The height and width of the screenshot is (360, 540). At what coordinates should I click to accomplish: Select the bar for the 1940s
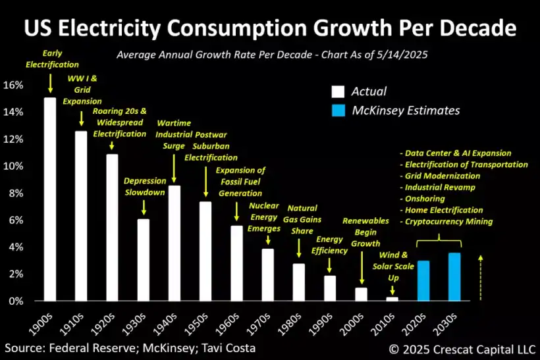coord(175,244)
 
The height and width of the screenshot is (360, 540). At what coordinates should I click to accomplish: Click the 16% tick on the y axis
coord(14,85)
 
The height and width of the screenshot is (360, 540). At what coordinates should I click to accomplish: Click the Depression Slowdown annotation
coord(144,187)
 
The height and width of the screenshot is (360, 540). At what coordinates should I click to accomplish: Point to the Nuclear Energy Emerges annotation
coord(265,218)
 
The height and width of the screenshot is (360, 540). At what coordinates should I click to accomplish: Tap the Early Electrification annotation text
coord(51,59)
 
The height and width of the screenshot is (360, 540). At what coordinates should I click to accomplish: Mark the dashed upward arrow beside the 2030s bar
coord(482,276)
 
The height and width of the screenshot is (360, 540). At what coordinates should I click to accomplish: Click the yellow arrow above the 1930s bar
coord(144,208)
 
